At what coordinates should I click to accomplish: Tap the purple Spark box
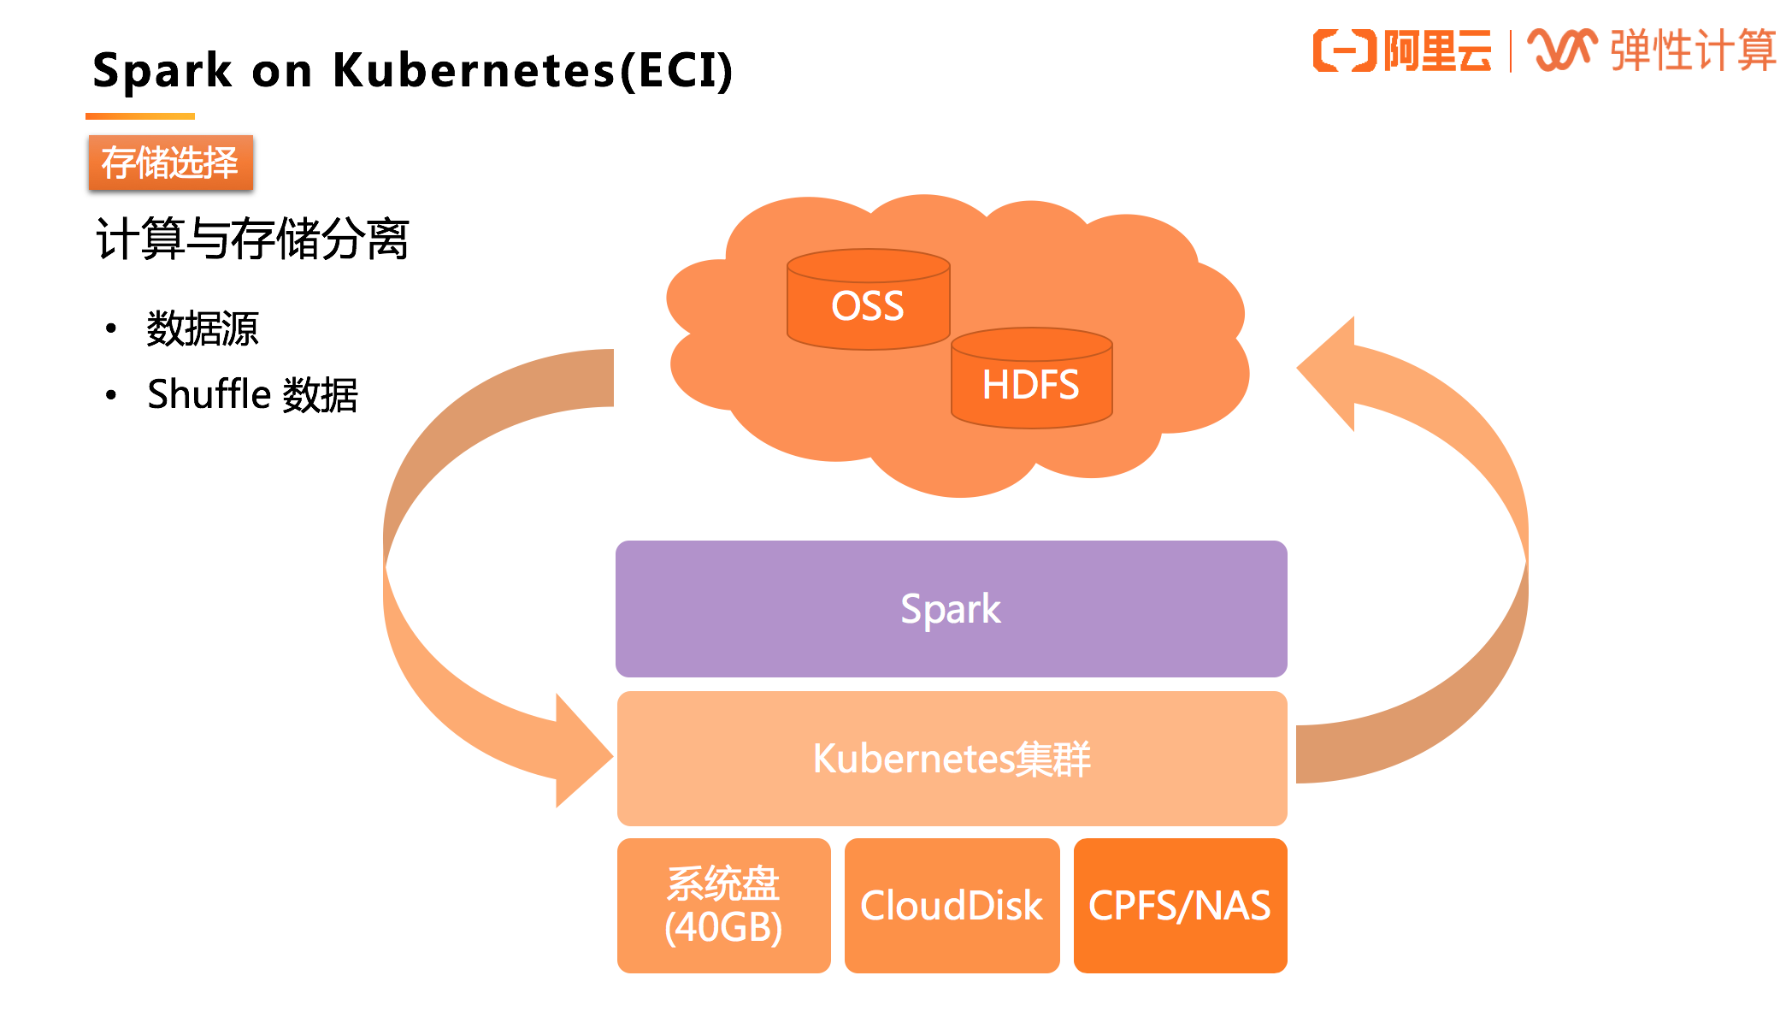click(x=951, y=609)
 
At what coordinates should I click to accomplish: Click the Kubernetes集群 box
click(x=951, y=759)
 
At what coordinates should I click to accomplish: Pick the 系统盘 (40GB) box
click(x=723, y=905)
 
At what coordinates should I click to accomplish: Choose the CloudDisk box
click(x=952, y=905)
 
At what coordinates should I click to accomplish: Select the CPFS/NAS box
click(x=1180, y=905)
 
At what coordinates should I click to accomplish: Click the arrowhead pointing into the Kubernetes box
click(x=581, y=753)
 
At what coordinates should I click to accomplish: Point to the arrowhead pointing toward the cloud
click(x=1330, y=372)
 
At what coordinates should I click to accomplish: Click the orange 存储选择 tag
click(x=170, y=163)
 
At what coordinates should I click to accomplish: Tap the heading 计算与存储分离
click(x=252, y=239)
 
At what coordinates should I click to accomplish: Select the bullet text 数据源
click(x=203, y=328)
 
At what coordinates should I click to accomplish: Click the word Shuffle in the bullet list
click(x=209, y=394)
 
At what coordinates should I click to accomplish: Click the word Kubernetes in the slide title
click(x=474, y=70)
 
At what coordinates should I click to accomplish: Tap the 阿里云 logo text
click(x=1437, y=50)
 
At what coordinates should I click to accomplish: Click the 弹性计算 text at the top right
click(x=1693, y=50)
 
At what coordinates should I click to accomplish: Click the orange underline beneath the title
click(x=140, y=116)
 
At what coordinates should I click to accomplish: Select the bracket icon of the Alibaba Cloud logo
click(x=1345, y=50)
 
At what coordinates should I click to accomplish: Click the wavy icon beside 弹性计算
click(x=1562, y=50)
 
